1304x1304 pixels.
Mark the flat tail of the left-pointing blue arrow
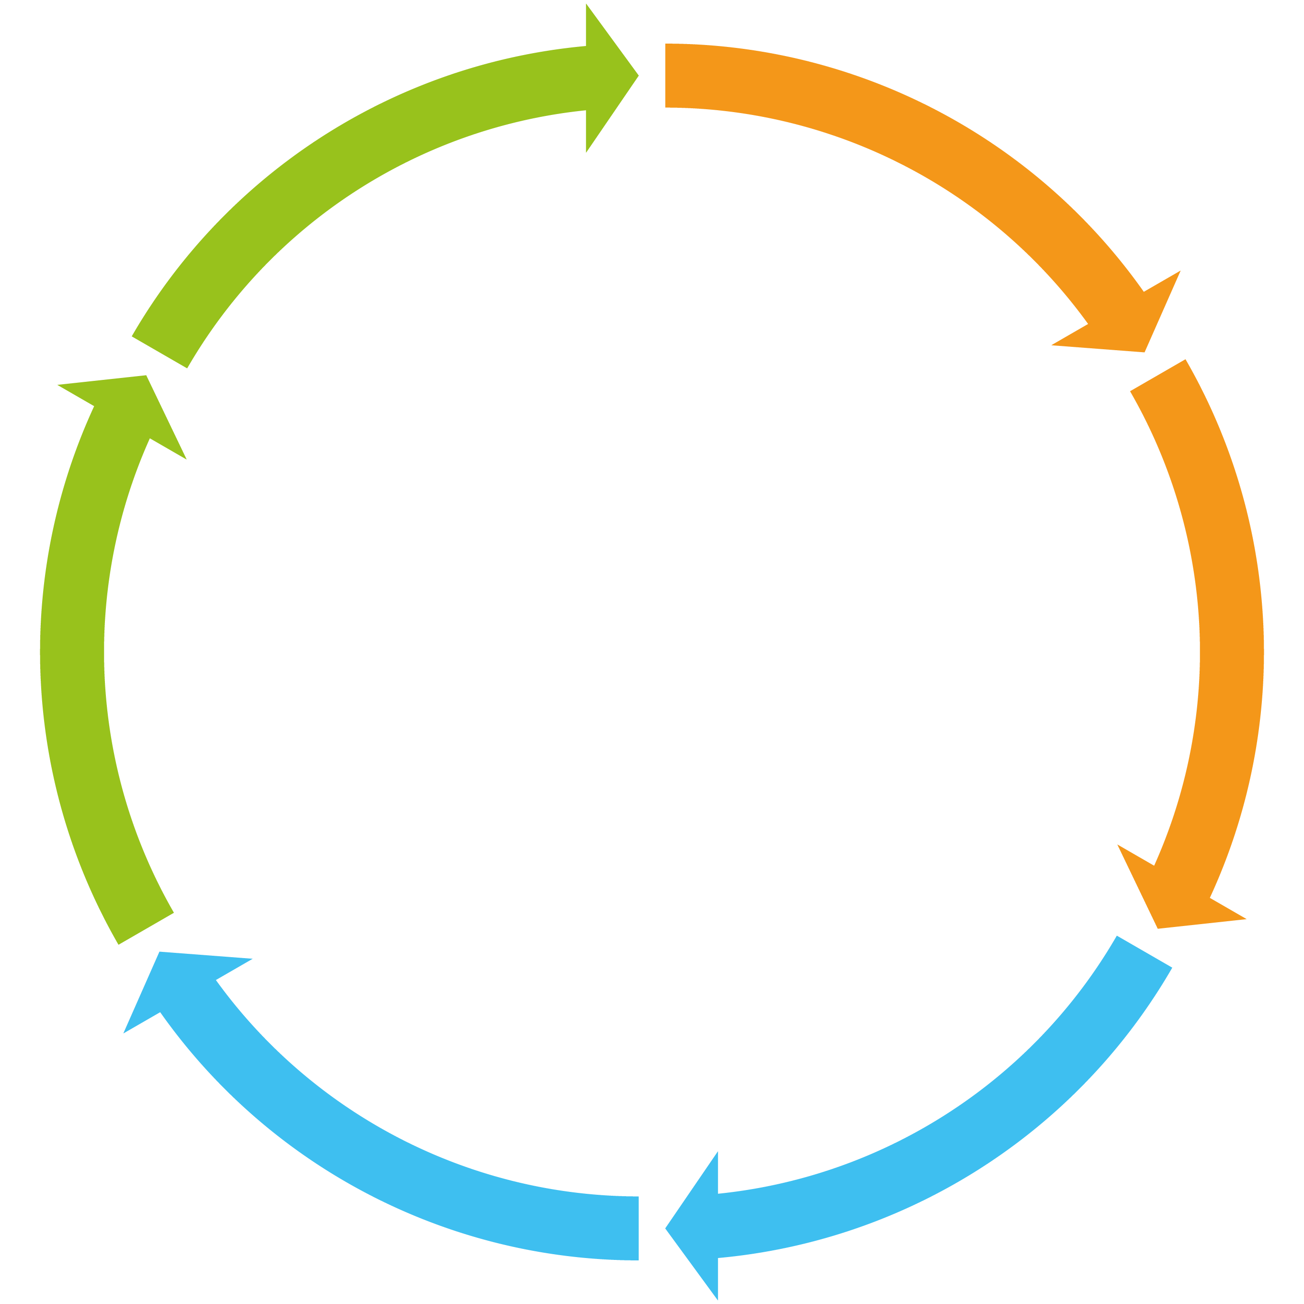tap(1144, 952)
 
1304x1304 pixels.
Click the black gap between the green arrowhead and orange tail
tap(652, 76)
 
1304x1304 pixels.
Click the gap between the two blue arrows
tap(652, 1228)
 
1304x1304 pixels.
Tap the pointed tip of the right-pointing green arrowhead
tap(637, 76)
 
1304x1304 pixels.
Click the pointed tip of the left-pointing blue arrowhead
tap(667, 1228)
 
